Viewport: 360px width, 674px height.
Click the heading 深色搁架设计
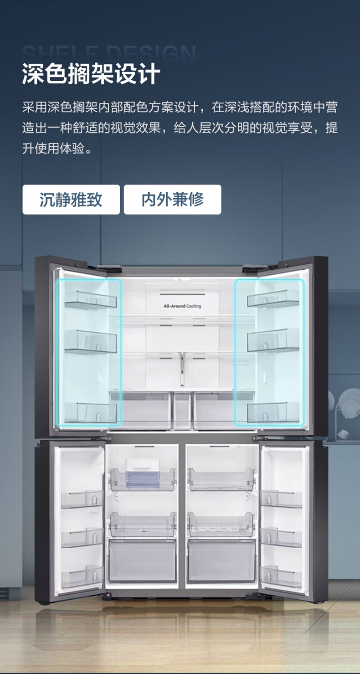tap(91, 74)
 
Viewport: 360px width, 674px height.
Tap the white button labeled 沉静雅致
tap(71, 200)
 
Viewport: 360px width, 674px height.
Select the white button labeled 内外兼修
tap(172, 200)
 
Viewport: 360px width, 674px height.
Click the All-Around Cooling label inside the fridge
tap(182, 306)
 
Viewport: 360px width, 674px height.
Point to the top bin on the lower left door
tap(82, 499)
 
